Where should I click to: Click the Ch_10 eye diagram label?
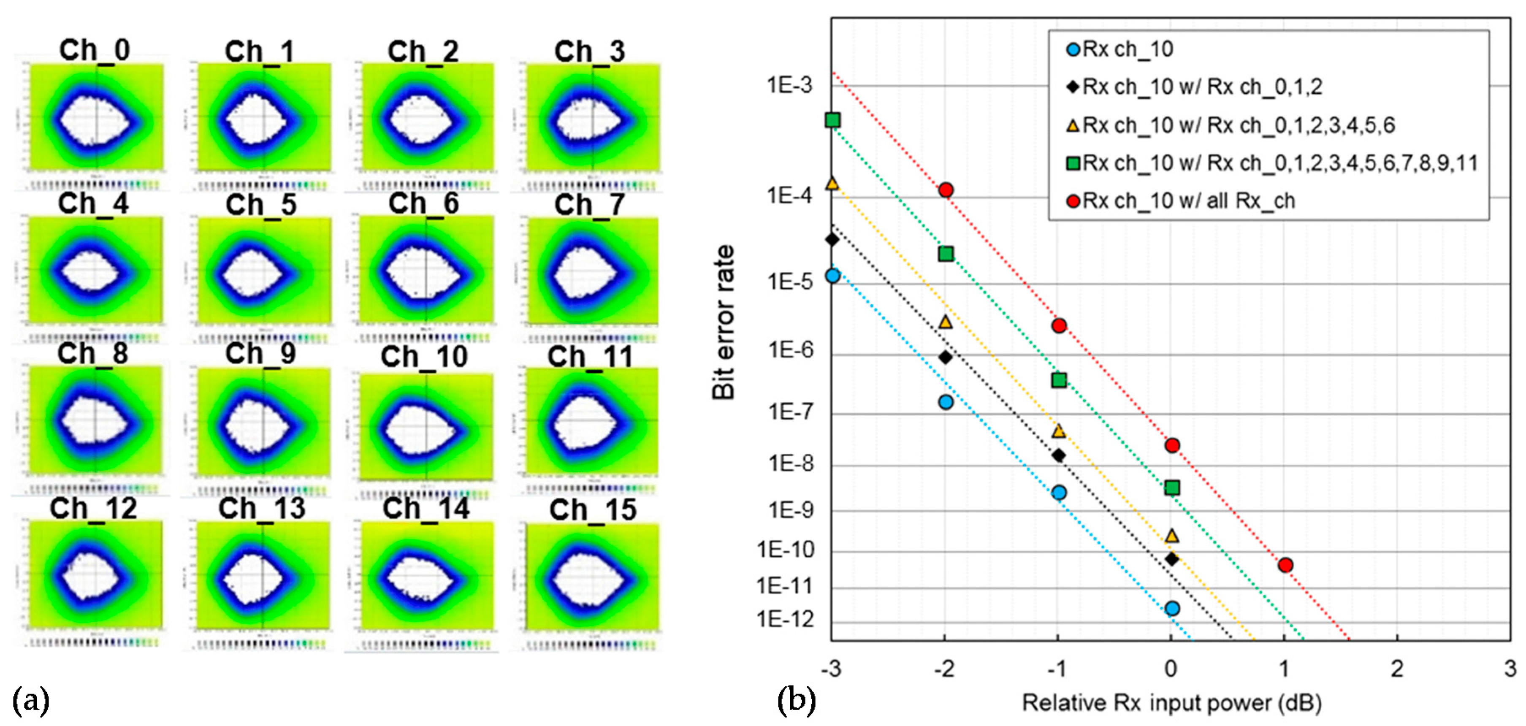(x=424, y=357)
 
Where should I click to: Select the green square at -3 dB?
(x=833, y=120)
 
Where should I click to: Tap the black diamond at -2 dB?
(x=946, y=357)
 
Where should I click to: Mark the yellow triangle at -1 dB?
(x=1059, y=431)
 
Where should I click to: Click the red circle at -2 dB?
(x=946, y=190)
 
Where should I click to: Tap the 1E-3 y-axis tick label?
(x=790, y=86)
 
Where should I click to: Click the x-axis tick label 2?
(x=1397, y=669)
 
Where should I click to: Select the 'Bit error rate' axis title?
(x=723, y=323)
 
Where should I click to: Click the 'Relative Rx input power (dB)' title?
(x=1172, y=703)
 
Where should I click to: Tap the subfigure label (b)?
(x=796, y=701)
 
